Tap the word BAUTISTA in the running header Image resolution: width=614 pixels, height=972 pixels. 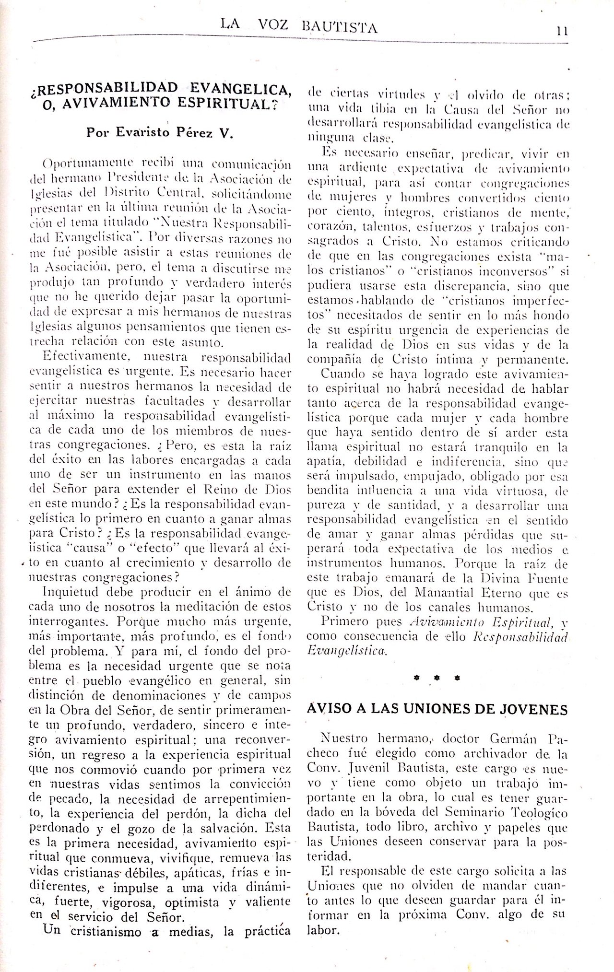pos(341,28)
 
